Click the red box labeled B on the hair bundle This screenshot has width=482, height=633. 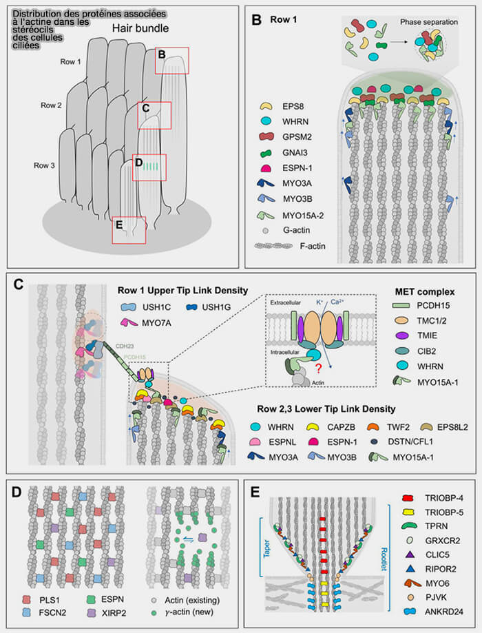click(x=171, y=60)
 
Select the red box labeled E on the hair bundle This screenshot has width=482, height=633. click(x=128, y=230)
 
